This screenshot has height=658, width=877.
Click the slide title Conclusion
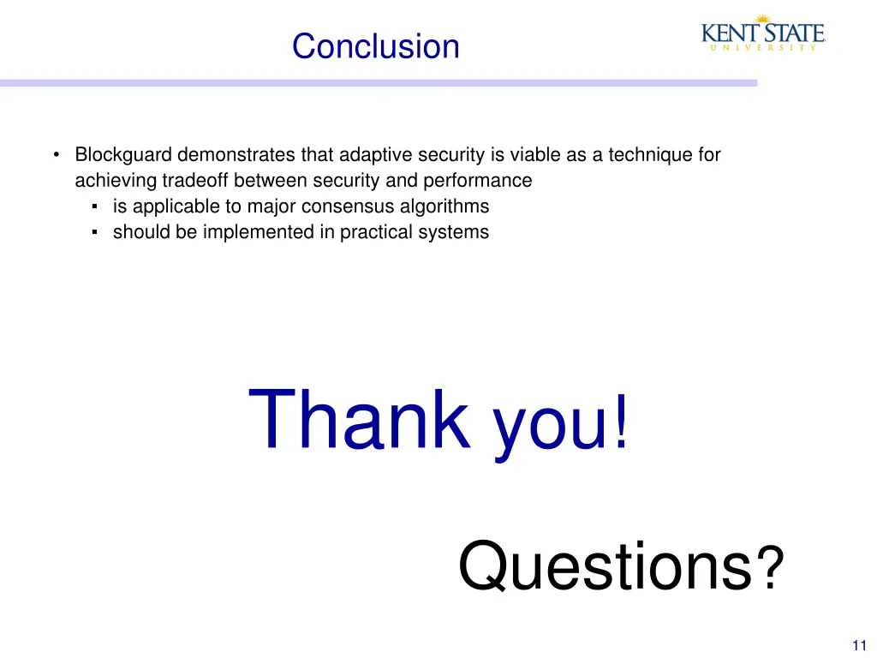[375, 46]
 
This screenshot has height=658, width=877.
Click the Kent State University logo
[762, 35]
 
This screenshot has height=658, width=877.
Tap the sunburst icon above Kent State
[761, 19]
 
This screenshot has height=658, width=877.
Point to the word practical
[373, 232]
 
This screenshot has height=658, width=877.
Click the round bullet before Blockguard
[56, 155]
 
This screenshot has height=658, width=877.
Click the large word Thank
[360, 420]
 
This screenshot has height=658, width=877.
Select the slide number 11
[861, 645]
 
